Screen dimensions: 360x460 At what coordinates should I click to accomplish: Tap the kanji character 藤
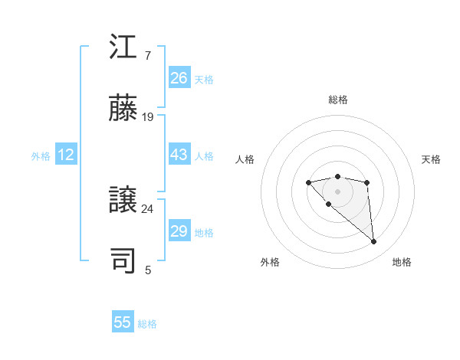(x=123, y=109)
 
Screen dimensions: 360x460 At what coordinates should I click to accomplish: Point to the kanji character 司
(x=123, y=261)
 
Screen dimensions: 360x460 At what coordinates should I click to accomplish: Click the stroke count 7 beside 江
(x=148, y=56)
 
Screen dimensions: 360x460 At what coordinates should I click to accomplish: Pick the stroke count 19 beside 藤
(x=148, y=117)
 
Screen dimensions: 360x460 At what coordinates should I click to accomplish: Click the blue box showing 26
(x=179, y=78)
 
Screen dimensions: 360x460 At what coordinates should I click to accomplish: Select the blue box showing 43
(x=179, y=155)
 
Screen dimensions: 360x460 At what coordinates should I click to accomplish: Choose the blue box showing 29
(x=179, y=231)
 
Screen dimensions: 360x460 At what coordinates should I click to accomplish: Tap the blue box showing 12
(x=66, y=155)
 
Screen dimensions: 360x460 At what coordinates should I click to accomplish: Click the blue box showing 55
(x=123, y=322)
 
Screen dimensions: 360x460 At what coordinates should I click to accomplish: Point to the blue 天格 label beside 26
(x=204, y=80)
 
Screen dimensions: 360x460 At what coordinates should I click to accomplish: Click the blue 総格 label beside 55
(x=147, y=324)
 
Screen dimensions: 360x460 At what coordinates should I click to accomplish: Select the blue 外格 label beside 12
(x=41, y=156)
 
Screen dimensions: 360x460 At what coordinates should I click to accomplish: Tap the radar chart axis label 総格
(x=337, y=100)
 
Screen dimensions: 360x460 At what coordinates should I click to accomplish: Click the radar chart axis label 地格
(x=402, y=262)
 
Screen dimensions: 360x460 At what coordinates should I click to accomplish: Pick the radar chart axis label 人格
(x=245, y=159)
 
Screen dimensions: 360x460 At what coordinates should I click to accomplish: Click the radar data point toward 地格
(x=374, y=242)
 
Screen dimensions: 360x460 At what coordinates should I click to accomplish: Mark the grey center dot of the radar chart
(x=337, y=191)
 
